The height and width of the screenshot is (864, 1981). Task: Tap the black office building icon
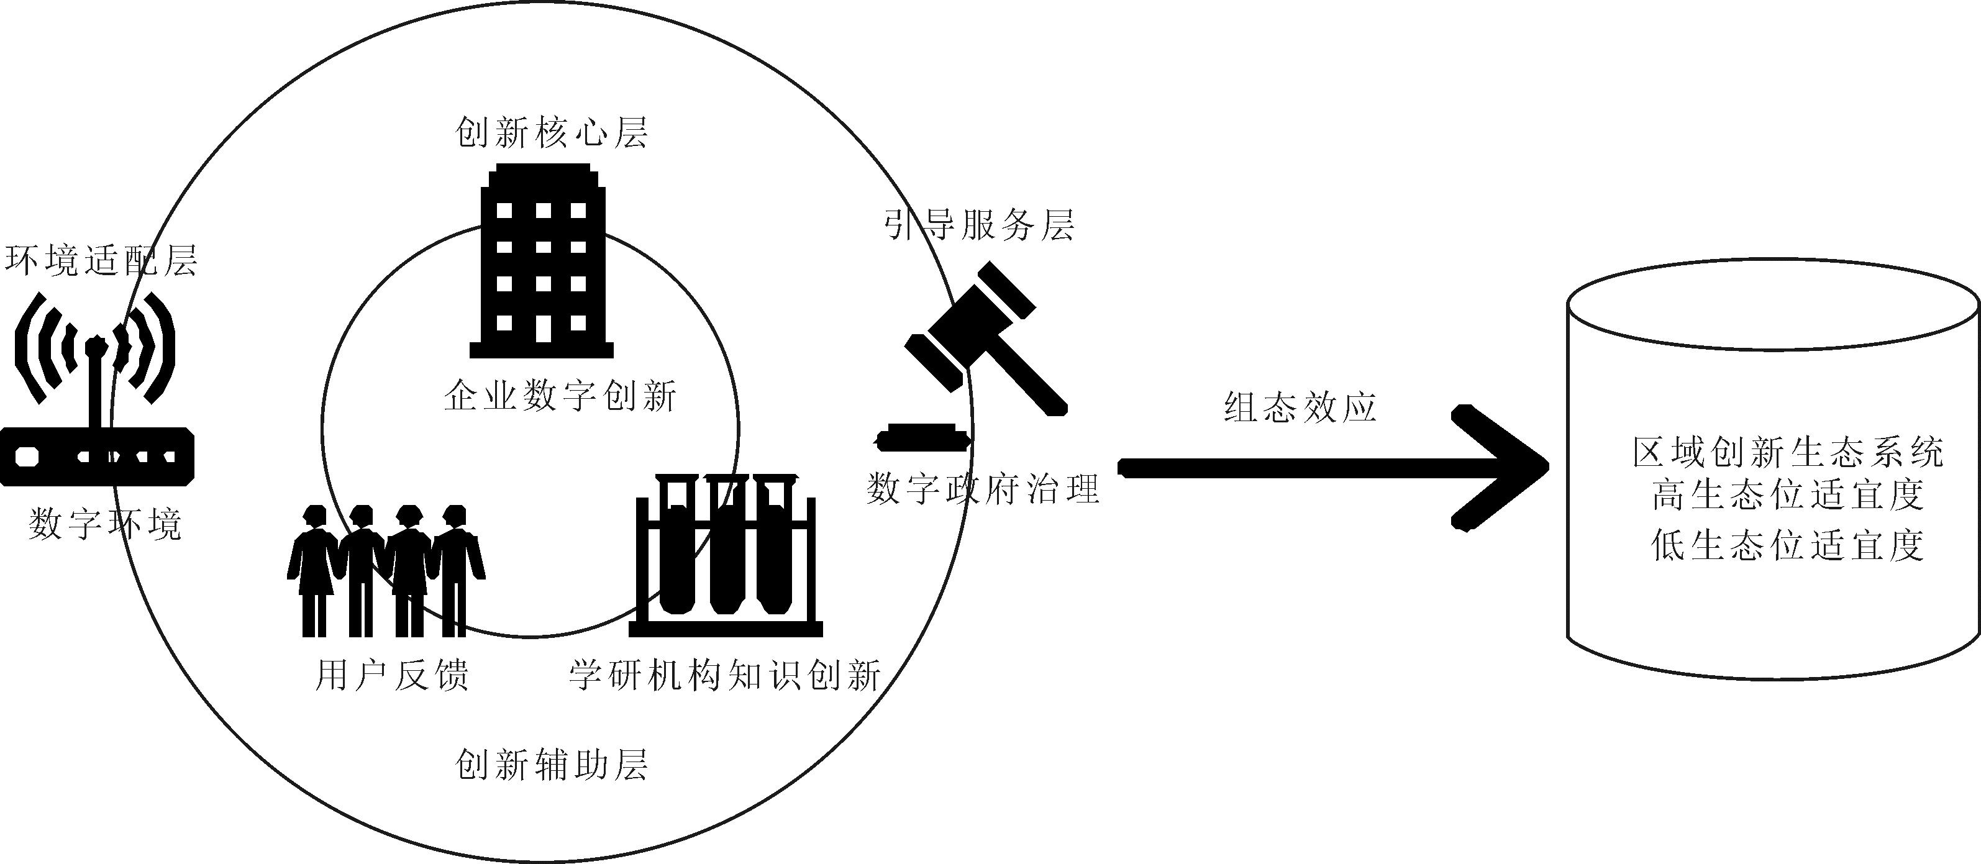542,261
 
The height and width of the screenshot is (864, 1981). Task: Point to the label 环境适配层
101,261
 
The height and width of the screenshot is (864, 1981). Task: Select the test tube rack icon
725,555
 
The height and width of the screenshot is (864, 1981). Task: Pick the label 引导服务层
978,224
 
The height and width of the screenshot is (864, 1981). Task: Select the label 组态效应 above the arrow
1300,407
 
